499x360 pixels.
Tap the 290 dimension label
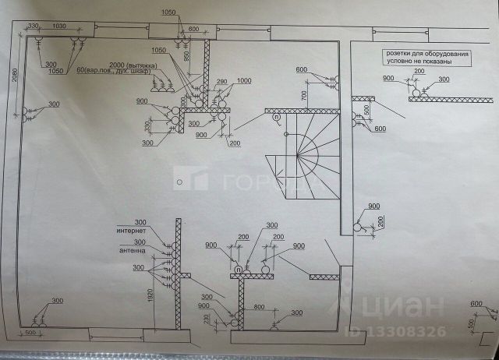coord(221,82)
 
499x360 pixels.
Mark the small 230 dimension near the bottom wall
coord(208,320)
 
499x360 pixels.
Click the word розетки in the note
coord(395,54)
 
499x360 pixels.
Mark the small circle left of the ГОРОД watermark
coord(179,182)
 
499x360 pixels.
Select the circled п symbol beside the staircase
coord(276,117)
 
